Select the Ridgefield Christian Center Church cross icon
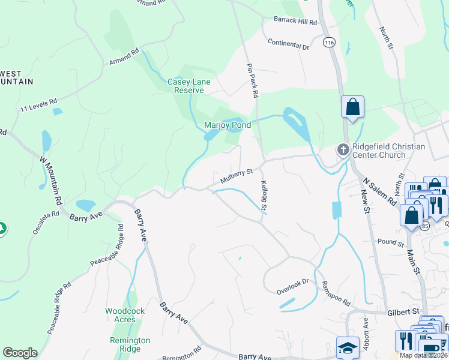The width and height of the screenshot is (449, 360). [x=343, y=149]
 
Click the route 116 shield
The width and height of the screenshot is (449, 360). [x=328, y=43]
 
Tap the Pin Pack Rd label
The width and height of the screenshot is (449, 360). [x=253, y=81]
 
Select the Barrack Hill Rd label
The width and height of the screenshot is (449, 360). [x=294, y=22]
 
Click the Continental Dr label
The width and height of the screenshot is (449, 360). [x=288, y=44]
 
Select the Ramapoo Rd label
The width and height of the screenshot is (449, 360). [x=336, y=293]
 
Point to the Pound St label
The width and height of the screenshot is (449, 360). [x=391, y=243]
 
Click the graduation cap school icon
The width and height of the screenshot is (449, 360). [x=348, y=348]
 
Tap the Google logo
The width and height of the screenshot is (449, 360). [x=20, y=353]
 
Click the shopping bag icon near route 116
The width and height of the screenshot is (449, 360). [x=353, y=107]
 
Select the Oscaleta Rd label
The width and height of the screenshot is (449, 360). [x=47, y=223]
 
